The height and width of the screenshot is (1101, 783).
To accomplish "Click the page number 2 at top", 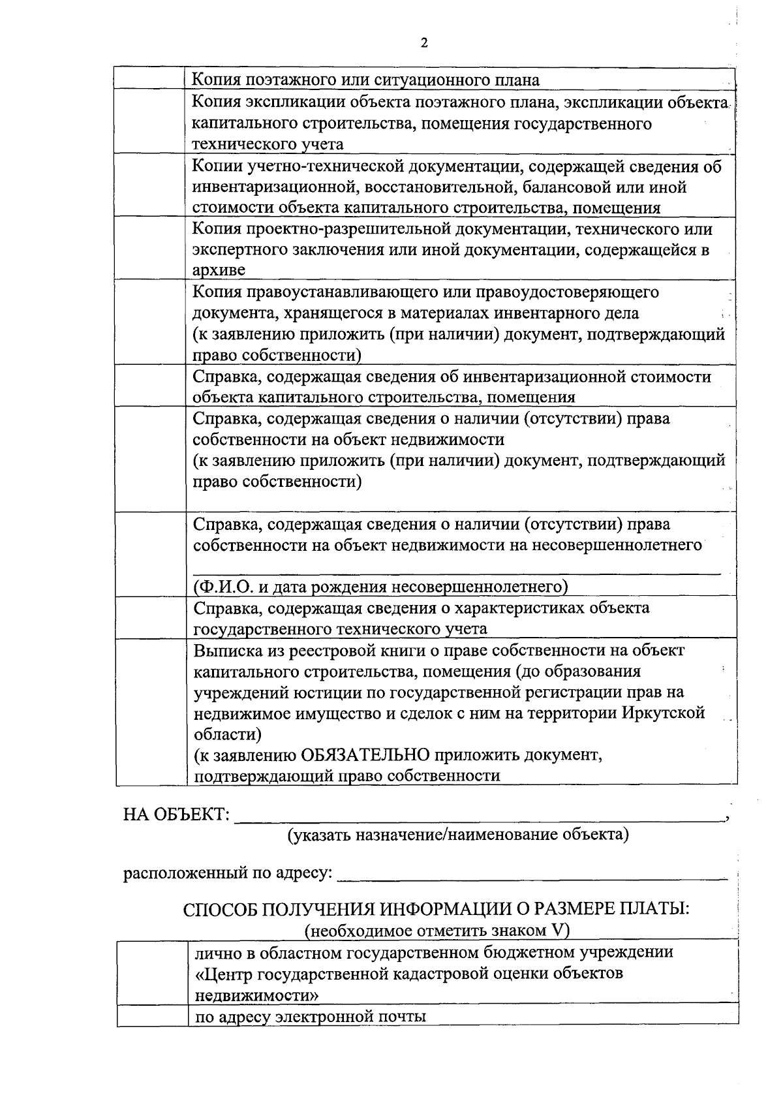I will click(425, 43).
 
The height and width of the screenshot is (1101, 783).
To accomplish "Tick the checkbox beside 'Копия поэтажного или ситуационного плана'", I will click(150, 79).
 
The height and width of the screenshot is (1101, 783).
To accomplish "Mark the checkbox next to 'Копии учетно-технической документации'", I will click(150, 186).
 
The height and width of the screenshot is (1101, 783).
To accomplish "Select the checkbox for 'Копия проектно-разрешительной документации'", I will click(150, 249).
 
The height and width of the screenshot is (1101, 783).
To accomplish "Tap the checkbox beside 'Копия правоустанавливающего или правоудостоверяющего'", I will click(150, 322).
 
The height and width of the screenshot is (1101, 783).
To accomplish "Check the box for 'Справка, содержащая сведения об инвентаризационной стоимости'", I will click(150, 386).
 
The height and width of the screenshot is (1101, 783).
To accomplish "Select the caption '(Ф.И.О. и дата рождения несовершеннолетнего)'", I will click(381, 587).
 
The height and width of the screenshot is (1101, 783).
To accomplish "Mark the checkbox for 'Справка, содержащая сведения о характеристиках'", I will click(150, 618).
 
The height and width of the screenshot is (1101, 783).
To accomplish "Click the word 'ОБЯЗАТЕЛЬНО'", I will click(365, 755).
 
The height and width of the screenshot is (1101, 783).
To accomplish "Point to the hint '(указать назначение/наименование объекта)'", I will click(459, 835).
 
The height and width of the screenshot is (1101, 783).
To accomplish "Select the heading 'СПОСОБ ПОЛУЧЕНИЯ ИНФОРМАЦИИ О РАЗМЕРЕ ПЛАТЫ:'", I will click(436, 909).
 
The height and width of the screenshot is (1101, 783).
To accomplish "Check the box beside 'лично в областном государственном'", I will click(152, 973).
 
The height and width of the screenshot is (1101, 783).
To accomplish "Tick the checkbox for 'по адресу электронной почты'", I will click(152, 1016).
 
